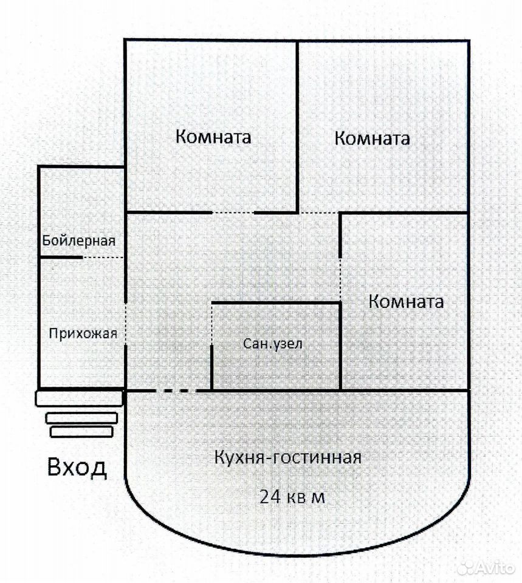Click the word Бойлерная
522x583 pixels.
click(78, 241)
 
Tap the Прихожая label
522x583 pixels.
click(83, 333)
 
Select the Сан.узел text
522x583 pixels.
click(273, 344)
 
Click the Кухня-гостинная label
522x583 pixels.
click(287, 457)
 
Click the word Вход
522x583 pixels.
click(77, 468)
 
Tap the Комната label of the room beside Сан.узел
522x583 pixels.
click(406, 301)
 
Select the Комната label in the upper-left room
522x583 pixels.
click(213, 137)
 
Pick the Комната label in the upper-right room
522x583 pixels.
click(372, 138)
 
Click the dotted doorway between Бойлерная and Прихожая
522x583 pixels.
click(103, 257)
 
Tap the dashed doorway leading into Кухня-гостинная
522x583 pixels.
click(175, 390)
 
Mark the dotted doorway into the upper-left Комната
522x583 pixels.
click(233, 213)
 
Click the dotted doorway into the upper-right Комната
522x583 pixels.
click(319, 213)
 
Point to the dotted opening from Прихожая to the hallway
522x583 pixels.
click(125, 324)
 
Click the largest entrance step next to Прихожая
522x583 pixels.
click(79, 398)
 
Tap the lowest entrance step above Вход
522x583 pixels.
click(81, 432)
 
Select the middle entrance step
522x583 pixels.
click(81, 418)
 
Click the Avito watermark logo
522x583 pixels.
click(486, 567)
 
